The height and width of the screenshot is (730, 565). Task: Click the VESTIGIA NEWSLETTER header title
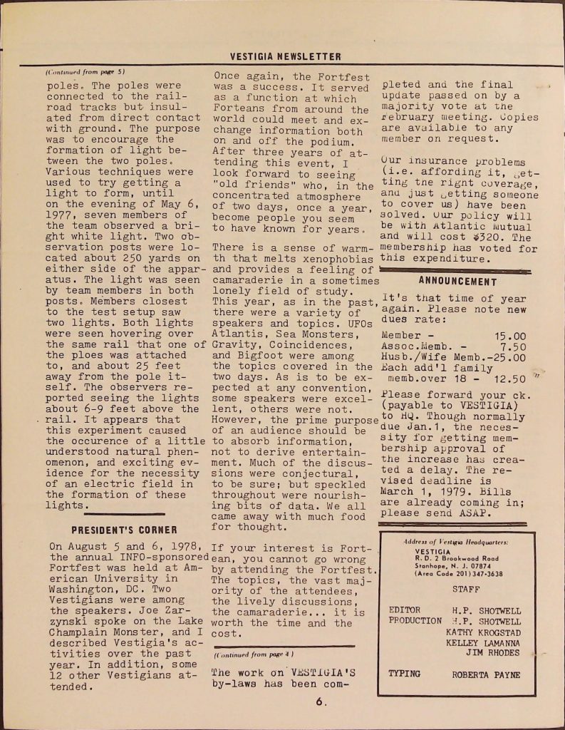click(x=285, y=56)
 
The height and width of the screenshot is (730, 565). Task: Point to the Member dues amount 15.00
click(x=510, y=335)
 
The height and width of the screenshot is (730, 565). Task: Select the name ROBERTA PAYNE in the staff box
click(x=486, y=674)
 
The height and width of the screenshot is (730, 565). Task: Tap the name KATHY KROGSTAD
click(x=483, y=632)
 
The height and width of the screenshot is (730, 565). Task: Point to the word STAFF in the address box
click(x=466, y=589)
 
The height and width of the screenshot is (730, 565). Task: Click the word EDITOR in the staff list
click(x=405, y=610)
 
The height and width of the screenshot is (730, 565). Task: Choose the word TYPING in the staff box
click(x=404, y=674)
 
